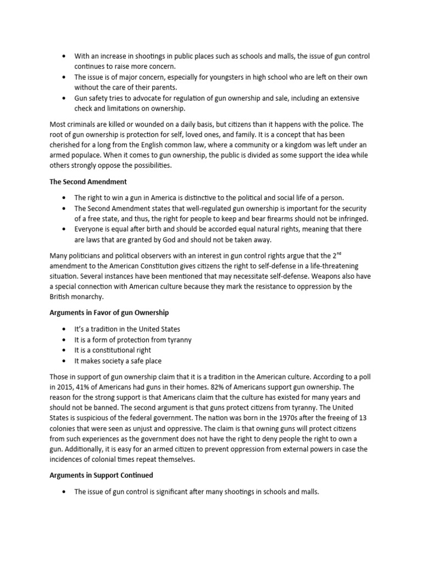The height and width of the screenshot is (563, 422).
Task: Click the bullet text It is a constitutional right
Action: [113, 350]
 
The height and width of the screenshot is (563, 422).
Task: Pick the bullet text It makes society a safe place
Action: [118, 361]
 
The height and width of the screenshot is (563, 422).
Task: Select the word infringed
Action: [352, 219]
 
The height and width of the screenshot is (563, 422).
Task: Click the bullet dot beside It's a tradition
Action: [64, 329]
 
